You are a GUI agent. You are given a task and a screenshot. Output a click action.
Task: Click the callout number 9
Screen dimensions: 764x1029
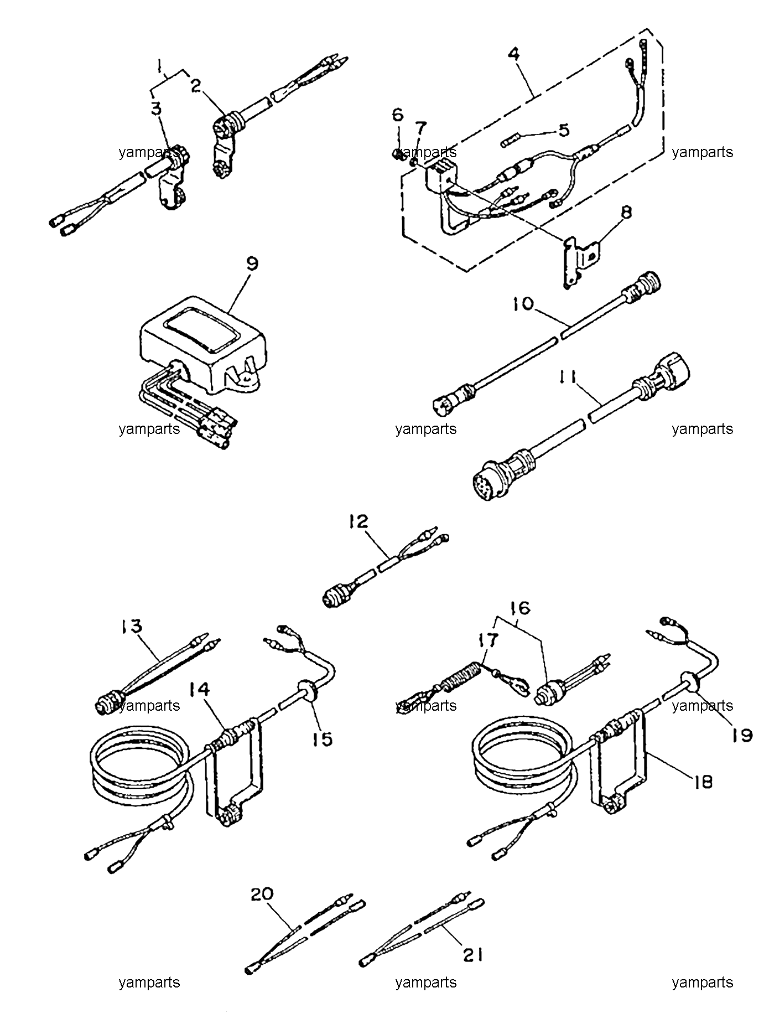251,265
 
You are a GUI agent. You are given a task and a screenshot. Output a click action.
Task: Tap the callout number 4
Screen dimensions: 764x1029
514,54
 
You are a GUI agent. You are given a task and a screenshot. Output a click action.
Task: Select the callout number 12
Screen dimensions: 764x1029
358,522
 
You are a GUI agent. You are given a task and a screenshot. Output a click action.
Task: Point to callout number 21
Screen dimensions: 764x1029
472,955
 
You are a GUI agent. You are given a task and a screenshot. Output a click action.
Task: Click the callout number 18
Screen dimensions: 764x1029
703,782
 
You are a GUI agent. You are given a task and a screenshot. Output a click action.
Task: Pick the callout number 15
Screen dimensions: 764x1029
323,738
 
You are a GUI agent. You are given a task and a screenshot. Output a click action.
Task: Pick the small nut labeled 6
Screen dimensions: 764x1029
400,153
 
